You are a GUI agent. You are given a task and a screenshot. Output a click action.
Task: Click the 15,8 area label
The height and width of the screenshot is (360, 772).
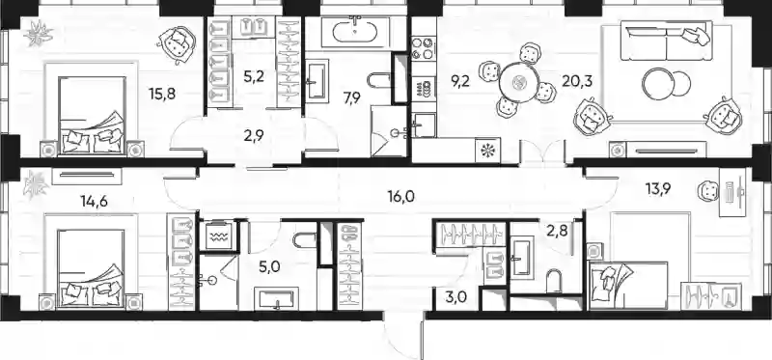[162, 92]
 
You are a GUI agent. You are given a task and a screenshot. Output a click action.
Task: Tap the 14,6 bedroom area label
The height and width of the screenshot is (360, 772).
[92, 201]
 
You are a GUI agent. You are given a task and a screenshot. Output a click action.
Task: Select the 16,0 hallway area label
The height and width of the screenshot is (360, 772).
[401, 197]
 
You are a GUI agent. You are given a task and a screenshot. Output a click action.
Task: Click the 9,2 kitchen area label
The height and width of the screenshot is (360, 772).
[459, 79]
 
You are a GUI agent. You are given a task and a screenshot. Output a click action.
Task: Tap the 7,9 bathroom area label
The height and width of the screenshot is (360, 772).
[352, 97]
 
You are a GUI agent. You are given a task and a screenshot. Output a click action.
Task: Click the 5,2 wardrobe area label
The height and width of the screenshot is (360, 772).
[253, 76]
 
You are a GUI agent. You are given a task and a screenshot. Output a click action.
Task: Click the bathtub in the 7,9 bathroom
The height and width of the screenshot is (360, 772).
[356, 33]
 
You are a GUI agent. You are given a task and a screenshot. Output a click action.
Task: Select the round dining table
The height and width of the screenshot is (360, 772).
[517, 82]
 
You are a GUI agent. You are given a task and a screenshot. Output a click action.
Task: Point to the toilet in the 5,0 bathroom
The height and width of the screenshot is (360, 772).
[304, 240]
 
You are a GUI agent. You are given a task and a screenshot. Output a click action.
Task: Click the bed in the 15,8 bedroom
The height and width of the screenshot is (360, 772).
[91, 114]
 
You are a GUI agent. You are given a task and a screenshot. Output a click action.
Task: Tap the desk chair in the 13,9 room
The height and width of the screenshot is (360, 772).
[708, 190]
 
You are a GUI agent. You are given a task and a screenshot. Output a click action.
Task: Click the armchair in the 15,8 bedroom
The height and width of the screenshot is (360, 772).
[177, 42]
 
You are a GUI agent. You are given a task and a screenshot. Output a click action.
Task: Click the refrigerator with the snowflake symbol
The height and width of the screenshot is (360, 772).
[487, 151]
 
